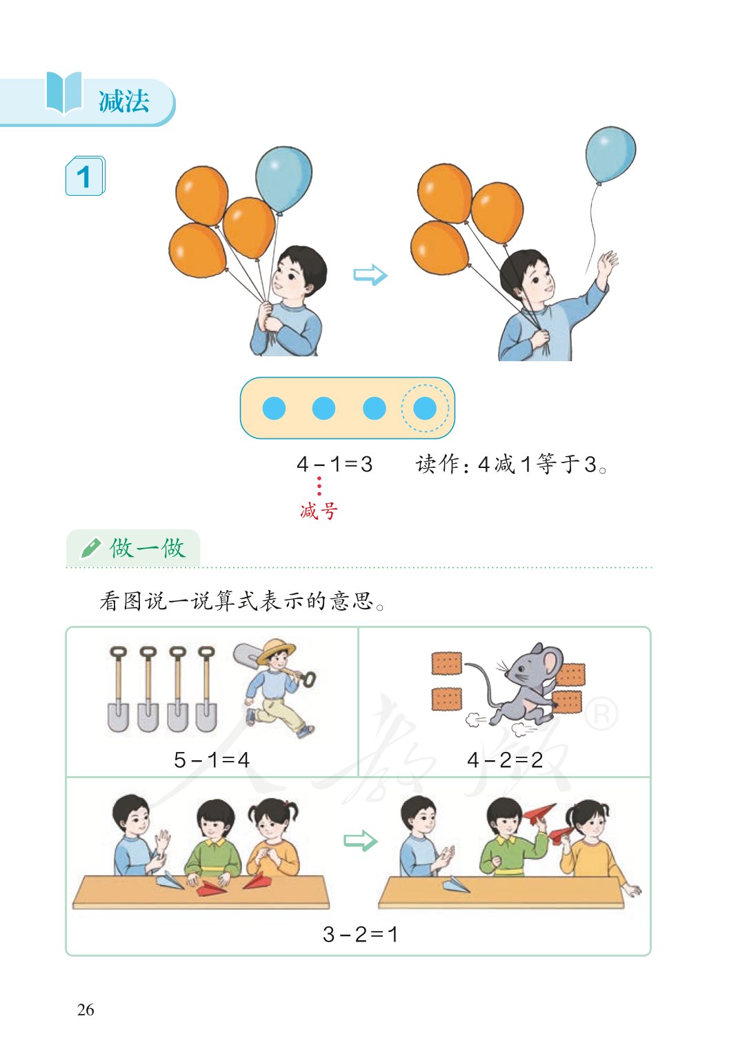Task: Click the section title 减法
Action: click(123, 102)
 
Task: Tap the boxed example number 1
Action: click(84, 177)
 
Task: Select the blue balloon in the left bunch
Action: click(283, 179)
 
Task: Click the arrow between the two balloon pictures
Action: click(370, 275)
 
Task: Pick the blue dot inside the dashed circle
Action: click(424, 408)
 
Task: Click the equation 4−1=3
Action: click(334, 464)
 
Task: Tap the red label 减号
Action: click(319, 511)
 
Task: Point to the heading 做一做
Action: click(147, 549)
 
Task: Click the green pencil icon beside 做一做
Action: click(90, 549)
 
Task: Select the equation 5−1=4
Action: click(211, 760)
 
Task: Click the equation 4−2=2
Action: click(504, 760)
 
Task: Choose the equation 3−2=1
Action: click(360, 934)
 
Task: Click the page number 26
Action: click(86, 1010)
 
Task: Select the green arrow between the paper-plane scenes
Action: click(360, 841)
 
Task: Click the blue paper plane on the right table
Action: click(455, 884)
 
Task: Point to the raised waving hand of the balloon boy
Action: click(607, 263)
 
